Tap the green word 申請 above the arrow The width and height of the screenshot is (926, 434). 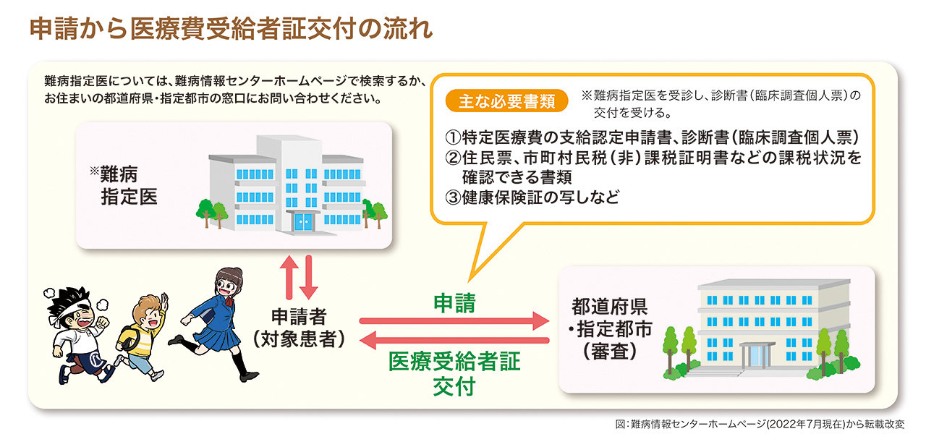click(454, 303)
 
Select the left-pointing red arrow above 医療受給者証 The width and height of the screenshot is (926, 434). click(455, 340)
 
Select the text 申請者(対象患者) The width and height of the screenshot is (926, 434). click(298, 328)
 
